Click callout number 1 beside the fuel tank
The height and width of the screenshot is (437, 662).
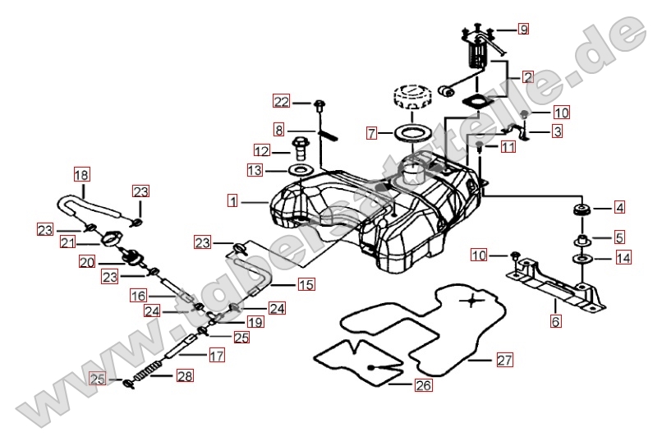pos(234,200)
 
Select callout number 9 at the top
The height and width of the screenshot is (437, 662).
pos(522,30)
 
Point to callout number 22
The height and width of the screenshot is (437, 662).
pos(282,102)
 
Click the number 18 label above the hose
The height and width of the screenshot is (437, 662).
pos(80,174)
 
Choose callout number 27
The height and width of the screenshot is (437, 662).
pos(503,360)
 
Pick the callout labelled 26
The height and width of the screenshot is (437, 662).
pos(422,384)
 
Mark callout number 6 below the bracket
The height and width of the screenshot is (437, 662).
pos(556,321)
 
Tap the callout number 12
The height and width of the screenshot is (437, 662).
pos(261,151)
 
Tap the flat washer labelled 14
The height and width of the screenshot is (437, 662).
pos(582,259)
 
